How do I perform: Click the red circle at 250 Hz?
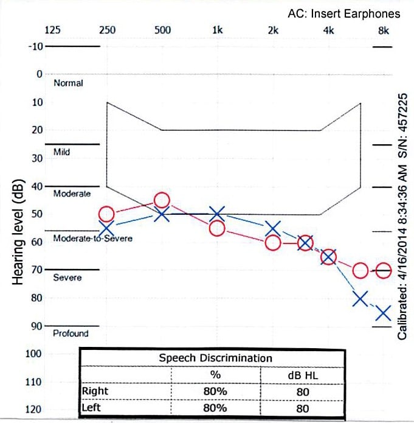[x=106, y=214]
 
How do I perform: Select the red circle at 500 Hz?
[x=162, y=200]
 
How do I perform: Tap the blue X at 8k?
[x=383, y=313]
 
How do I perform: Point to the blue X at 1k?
[x=217, y=214]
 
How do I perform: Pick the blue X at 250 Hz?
[x=106, y=228]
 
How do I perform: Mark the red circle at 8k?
[x=383, y=271]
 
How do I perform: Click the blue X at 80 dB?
[x=361, y=299]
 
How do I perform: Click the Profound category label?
[x=71, y=334]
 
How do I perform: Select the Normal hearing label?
[x=68, y=83]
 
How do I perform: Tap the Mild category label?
[x=61, y=152]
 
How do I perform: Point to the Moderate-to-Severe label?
[x=92, y=239]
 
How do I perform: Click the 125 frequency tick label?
[x=53, y=30]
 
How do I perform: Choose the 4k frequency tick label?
[x=328, y=30]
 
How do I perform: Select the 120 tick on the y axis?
[x=33, y=409]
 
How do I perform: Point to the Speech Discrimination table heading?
[x=215, y=358]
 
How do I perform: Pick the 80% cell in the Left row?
[x=215, y=408]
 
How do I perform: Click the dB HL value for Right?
[x=302, y=392]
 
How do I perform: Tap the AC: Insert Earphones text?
[x=345, y=13]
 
